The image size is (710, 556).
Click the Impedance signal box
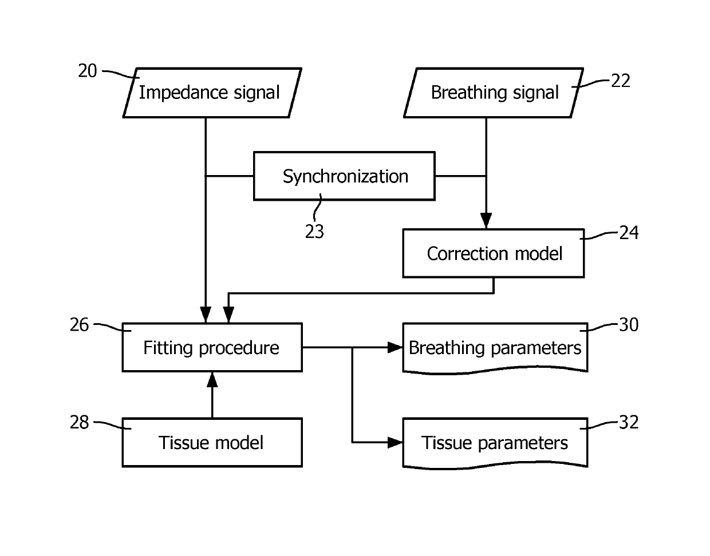211,93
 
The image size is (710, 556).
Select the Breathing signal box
494,93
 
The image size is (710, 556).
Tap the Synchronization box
344,176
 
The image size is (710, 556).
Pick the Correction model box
494,253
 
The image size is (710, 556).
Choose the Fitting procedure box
212,347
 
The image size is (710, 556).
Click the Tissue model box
212,442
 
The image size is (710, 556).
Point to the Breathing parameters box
495,347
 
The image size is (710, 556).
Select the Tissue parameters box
495,442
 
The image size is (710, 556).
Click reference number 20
88,72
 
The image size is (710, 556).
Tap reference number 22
621,81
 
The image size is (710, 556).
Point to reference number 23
314,232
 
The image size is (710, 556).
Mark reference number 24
629,232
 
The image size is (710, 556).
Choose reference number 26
80,325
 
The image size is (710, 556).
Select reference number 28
80,422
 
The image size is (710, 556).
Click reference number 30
629,325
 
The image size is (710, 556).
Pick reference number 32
629,422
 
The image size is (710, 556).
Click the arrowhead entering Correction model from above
486,221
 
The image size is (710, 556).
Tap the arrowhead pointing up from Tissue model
212,379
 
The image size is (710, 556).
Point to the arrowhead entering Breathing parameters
396,347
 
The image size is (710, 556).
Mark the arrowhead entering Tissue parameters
396,442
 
